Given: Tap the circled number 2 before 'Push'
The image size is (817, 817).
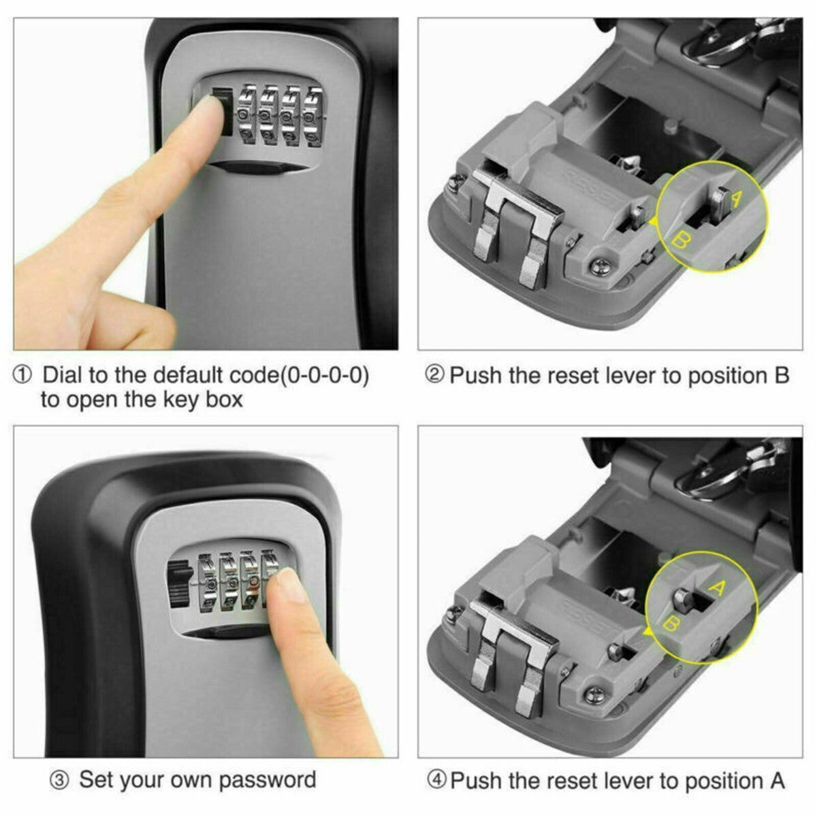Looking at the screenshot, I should pyautogui.click(x=434, y=374).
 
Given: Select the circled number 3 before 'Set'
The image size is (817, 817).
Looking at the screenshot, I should pyautogui.click(x=61, y=780).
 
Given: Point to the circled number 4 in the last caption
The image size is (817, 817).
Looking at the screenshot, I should pyautogui.click(x=436, y=780).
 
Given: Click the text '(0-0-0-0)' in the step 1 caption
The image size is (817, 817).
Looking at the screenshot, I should pyautogui.click(x=324, y=375).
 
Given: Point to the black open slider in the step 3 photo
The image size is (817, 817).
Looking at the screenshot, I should pyautogui.click(x=178, y=583).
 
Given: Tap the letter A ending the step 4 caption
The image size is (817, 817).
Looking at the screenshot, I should pyautogui.click(x=777, y=780).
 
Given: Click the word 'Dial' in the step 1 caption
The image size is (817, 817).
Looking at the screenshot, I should pyautogui.click(x=63, y=375).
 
